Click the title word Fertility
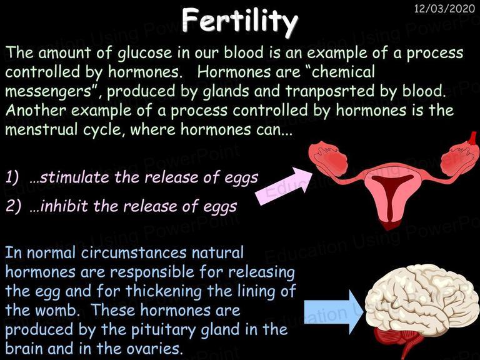point(240,21)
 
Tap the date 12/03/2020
point(444,8)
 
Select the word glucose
point(145,53)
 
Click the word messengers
point(48,91)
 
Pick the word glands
point(226,91)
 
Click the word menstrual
point(41,129)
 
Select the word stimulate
point(75,177)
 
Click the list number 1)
point(12,177)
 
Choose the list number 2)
point(13,206)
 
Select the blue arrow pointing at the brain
point(334,312)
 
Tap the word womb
point(57,310)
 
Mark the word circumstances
point(134,253)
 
